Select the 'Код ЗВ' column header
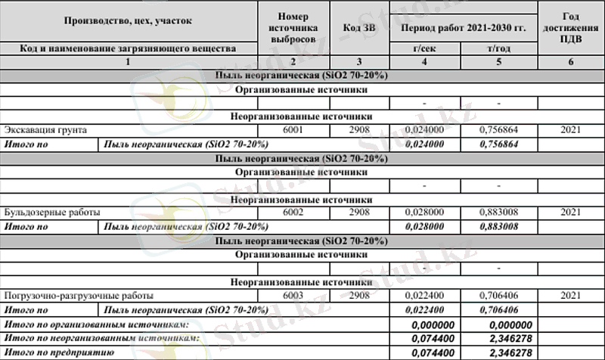coord(358,27)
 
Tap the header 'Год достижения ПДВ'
coord(571,27)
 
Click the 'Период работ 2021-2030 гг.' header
coord(463,27)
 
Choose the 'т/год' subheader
coord(499,48)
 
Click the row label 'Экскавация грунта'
coord(45,130)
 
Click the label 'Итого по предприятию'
coord(58,352)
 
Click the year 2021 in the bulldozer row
coord(571,213)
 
